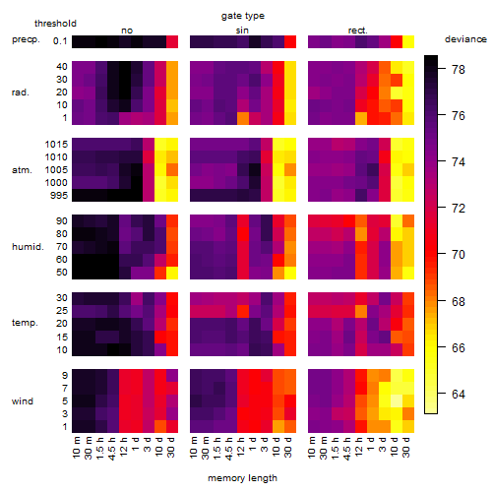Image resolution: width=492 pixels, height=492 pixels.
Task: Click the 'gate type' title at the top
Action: coord(243,16)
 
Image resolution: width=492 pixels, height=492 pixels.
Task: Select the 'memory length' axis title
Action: coord(242,478)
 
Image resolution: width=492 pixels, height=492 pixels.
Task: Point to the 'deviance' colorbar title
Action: coord(465,39)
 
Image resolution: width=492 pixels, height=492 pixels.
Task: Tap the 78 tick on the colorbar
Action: coord(459,70)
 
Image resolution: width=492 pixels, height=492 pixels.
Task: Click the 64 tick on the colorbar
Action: coord(459,394)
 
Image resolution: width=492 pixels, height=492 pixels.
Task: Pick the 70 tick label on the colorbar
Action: coord(459,255)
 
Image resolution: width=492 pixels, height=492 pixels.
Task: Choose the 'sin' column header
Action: coord(242,31)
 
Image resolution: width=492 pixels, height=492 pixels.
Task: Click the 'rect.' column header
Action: coord(357,31)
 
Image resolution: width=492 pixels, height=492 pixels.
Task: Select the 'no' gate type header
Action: coord(127,31)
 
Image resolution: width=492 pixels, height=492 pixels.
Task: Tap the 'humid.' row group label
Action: coord(28,247)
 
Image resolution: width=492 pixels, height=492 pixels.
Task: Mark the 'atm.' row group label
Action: coord(22,170)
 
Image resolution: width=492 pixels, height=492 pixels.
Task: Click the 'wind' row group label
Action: coord(23,401)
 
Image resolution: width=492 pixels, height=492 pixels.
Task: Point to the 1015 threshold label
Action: coord(56,145)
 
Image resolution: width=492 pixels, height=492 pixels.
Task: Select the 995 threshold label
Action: coord(59,196)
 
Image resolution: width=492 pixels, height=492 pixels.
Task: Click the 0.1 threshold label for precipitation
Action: coord(60,41)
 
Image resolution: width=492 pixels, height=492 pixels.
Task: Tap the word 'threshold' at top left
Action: coord(55,24)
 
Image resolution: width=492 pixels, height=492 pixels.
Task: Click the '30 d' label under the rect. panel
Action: coord(406,448)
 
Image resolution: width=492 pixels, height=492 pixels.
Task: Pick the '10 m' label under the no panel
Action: coord(76,448)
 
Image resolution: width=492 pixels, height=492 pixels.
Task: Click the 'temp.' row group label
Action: coord(25,323)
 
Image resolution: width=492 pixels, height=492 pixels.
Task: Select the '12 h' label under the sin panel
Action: coord(241,447)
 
